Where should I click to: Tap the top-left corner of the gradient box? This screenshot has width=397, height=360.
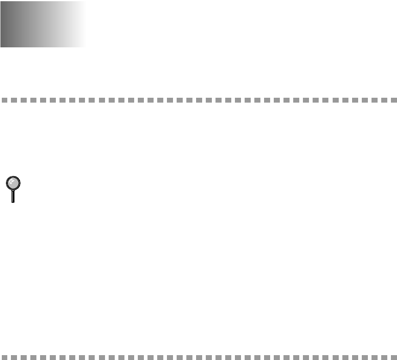[x=1, y=1]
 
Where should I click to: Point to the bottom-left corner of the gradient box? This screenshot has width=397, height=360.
[x=1, y=47]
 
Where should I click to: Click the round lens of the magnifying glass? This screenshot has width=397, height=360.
[x=13, y=183]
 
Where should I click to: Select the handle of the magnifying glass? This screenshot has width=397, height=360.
[x=13, y=196]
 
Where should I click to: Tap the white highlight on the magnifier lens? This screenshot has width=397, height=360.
[x=10, y=180]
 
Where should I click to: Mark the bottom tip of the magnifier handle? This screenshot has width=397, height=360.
[x=13, y=202]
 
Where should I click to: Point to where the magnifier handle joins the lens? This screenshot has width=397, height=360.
[x=13, y=190]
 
